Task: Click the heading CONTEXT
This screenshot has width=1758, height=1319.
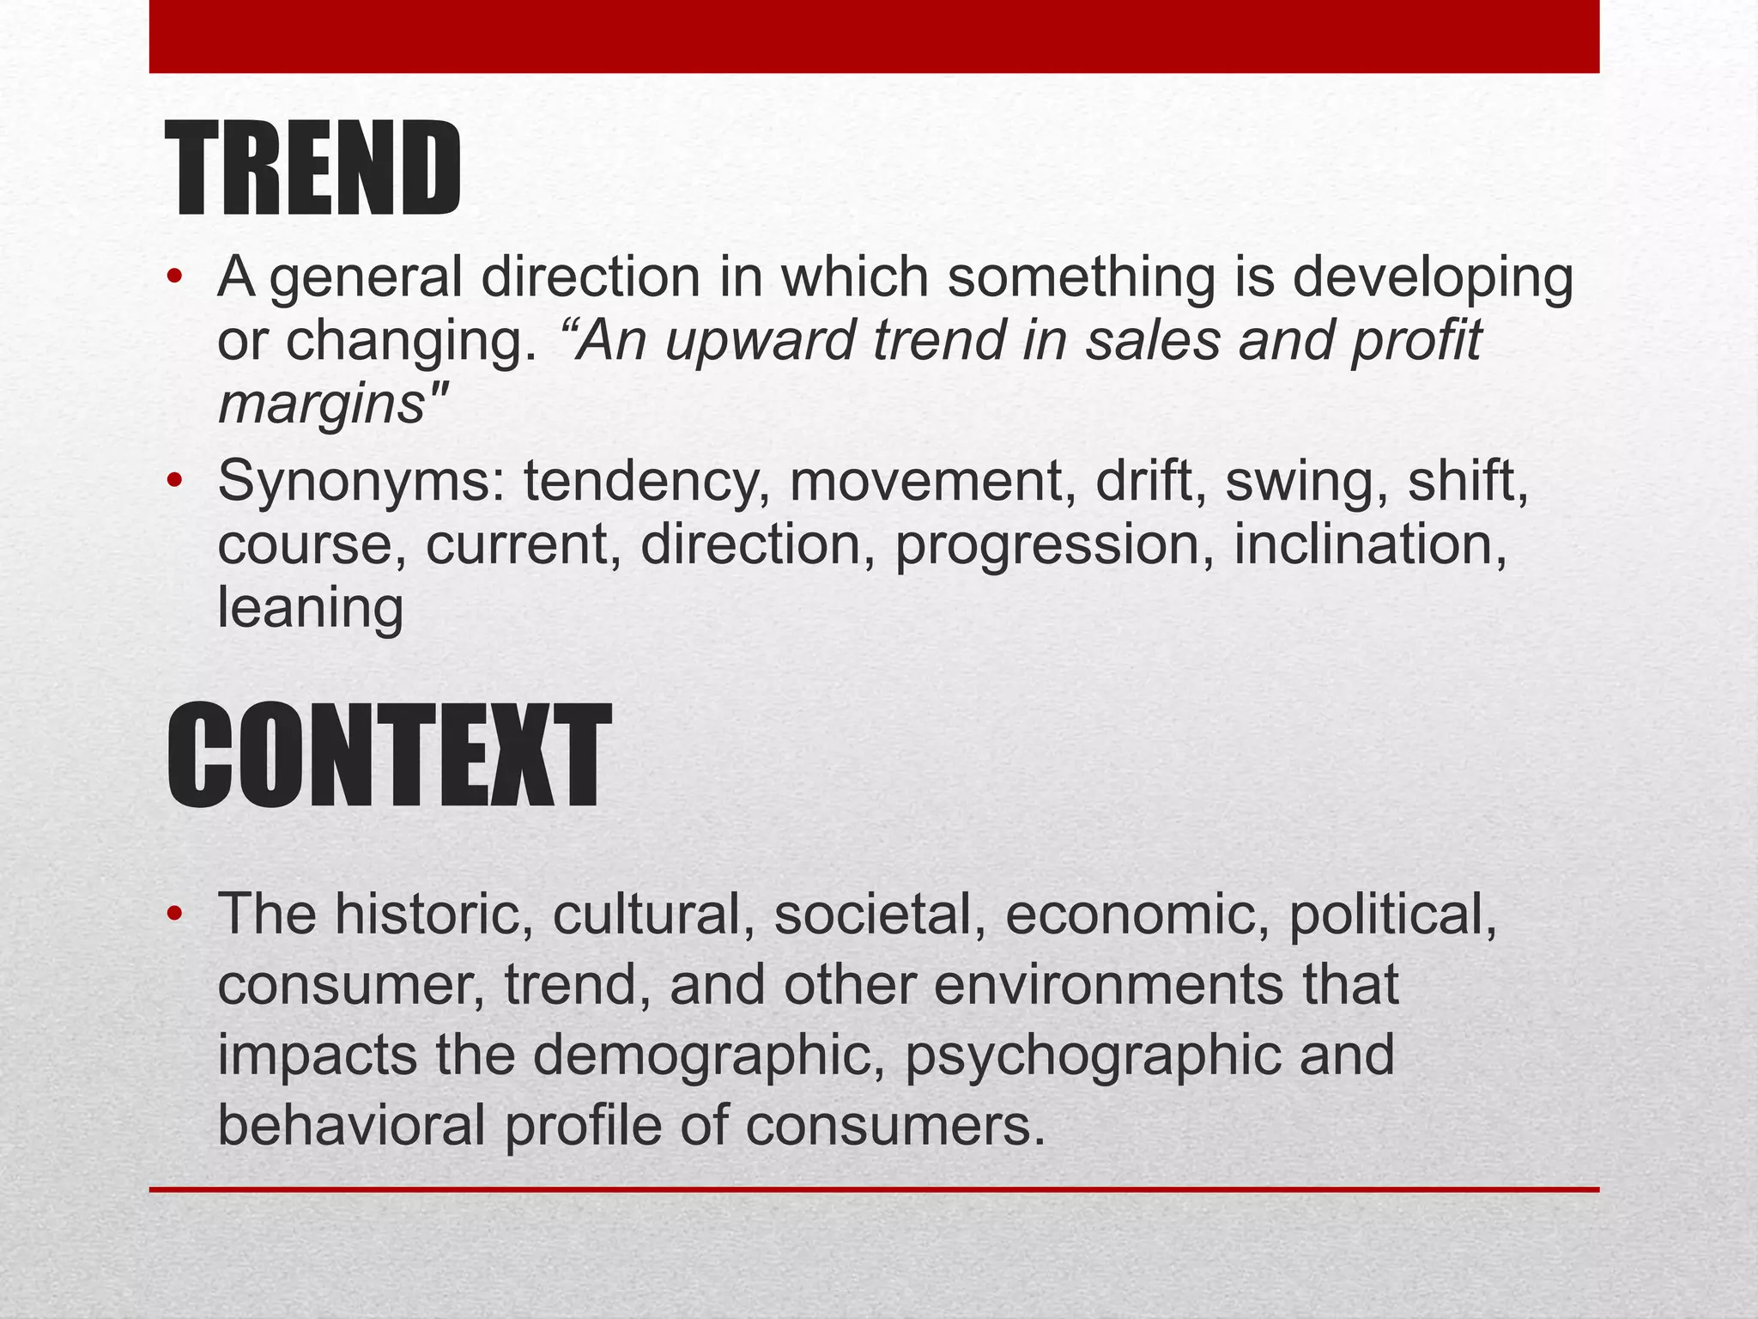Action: coord(388,755)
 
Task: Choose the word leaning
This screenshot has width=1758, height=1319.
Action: coord(310,609)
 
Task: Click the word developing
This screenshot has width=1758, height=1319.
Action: coord(1433,278)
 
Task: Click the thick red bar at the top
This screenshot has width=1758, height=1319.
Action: coord(874,36)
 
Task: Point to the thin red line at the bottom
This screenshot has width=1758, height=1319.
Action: coord(874,1189)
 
